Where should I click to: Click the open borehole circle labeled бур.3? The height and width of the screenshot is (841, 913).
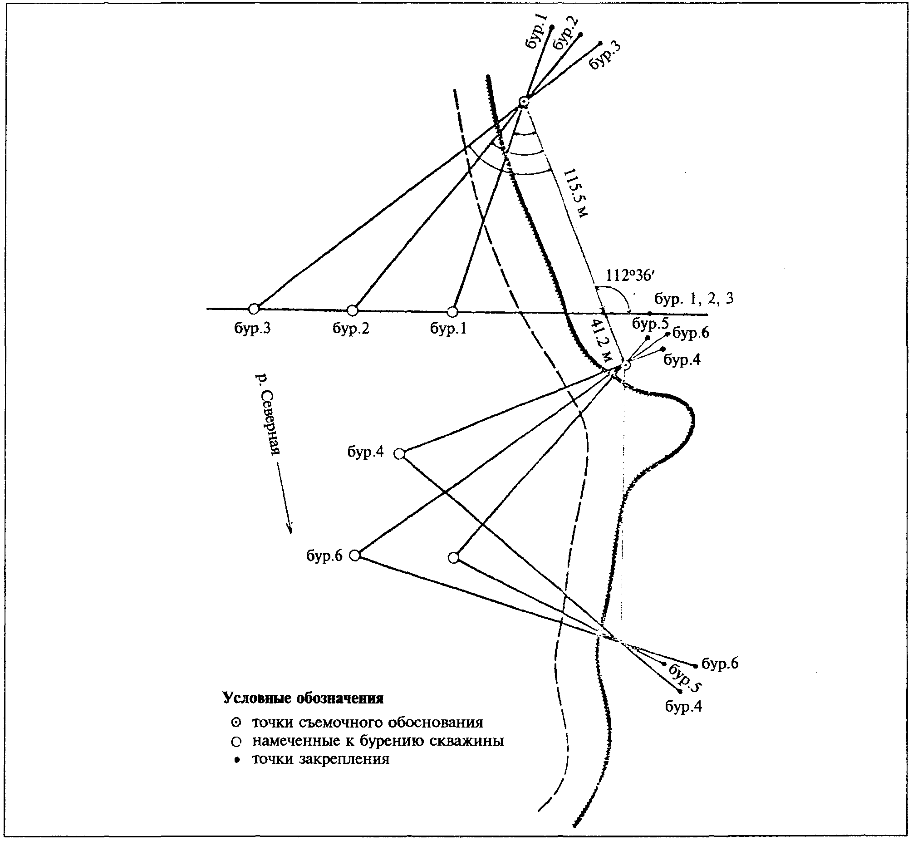(x=254, y=309)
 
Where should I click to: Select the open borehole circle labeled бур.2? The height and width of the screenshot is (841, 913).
(x=353, y=310)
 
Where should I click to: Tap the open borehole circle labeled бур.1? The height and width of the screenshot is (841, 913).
(x=452, y=312)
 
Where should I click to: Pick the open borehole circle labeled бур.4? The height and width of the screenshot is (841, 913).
(x=399, y=454)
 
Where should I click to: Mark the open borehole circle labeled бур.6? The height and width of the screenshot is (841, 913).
(x=355, y=555)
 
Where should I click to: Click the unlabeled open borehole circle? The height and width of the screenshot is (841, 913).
(x=453, y=557)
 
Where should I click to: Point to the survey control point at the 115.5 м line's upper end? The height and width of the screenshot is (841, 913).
(x=524, y=102)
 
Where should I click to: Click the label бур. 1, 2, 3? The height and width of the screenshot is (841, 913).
(x=694, y=299)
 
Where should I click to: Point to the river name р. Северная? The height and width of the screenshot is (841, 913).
(x=267, y=413)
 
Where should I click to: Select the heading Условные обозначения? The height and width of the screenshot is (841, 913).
(x=304, y=698)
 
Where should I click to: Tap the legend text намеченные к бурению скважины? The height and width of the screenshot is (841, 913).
(x=378, y=741)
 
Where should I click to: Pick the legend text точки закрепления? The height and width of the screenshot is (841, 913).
(x=321, y=759)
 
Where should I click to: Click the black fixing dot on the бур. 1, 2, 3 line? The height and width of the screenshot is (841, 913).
(x=650, y=314)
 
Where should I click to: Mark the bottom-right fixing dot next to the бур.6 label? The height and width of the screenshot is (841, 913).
(x=696, y=666)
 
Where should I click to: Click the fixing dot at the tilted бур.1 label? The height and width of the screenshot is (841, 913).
(x=552, y=27)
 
